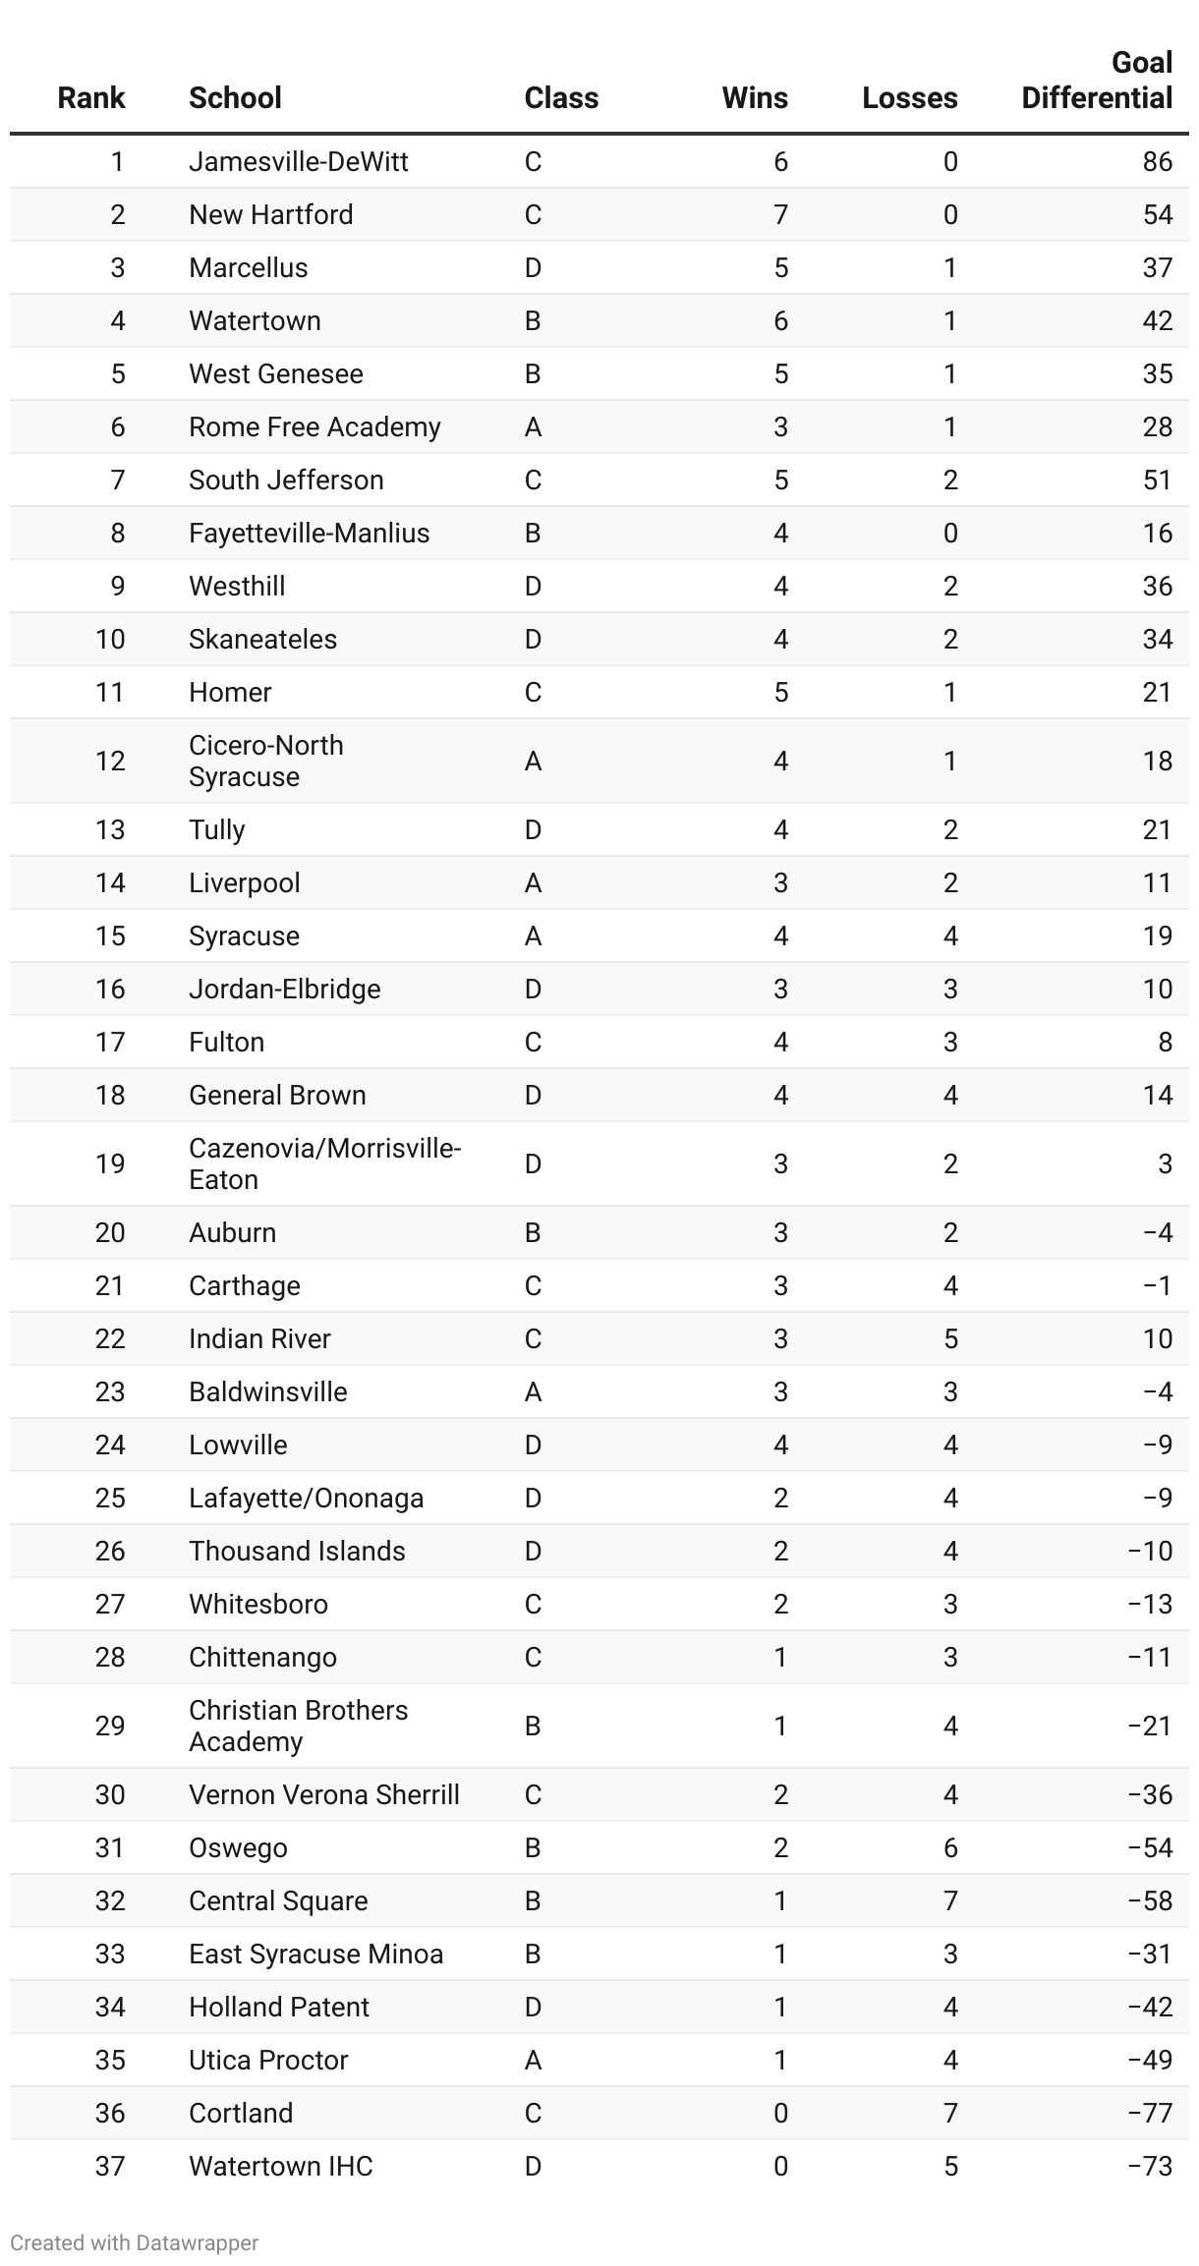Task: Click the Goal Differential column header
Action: point(1097,81)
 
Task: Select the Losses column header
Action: point(909,98)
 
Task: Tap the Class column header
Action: point(561,98)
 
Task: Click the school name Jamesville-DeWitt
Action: point(298,161)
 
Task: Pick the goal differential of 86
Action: point(1157,161)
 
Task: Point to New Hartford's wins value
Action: point(780,214)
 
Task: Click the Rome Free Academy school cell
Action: point(314,426)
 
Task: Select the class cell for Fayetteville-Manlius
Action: point(533,533)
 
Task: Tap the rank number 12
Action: point(110,761)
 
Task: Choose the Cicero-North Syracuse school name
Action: point(265,761)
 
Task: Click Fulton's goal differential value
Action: point(1165,1042)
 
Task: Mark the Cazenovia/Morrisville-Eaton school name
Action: point(324,1163)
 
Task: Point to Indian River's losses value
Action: point(950,1338)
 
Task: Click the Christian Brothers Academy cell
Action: point(298,1726)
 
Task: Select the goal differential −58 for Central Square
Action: point(1150,1900)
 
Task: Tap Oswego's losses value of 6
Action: point(950,1847)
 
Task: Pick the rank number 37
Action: point(110,2166)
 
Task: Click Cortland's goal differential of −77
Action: point(1150,2113)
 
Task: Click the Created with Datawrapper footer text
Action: point(135,2242)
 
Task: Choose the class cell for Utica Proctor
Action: point(533,2060)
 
